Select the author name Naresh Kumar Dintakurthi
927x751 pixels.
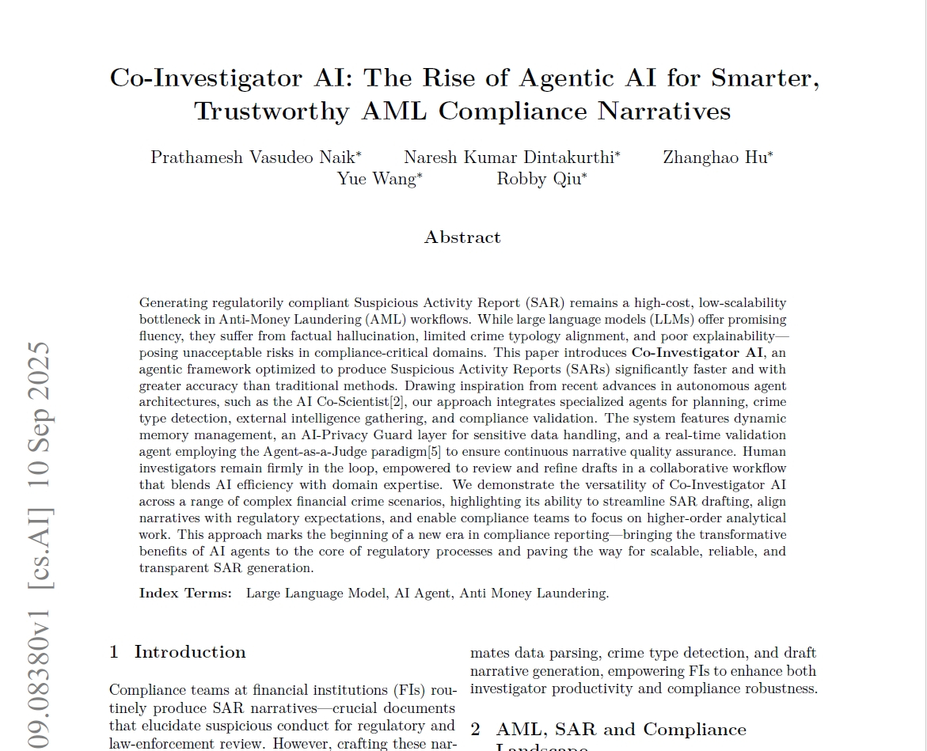point(509,157)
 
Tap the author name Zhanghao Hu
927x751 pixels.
point(715,157)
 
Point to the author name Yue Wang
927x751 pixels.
point(377,179)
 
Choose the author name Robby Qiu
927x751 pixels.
point(539,179)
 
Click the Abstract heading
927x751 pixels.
point(462,237)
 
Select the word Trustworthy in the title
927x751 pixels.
point(272,112)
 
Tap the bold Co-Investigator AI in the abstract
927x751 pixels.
point(697,353)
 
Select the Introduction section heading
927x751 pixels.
point(190,652)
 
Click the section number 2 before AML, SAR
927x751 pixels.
point(476,730)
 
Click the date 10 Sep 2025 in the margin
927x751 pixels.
point(40,415)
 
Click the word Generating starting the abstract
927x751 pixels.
point(172,303)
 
